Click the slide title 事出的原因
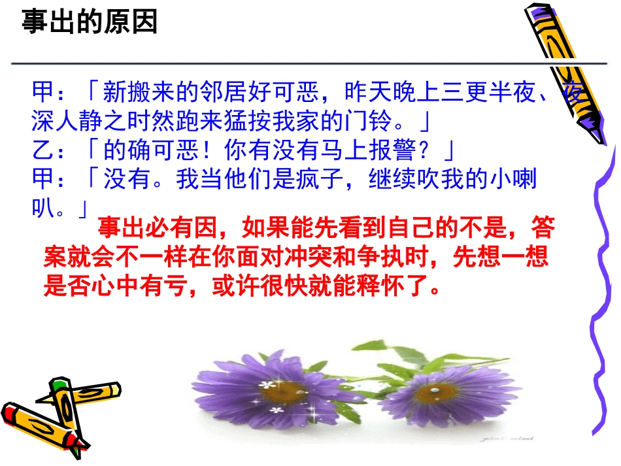coord(90,22)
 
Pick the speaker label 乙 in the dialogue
coord(40,152)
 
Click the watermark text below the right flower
coord(497,441)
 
